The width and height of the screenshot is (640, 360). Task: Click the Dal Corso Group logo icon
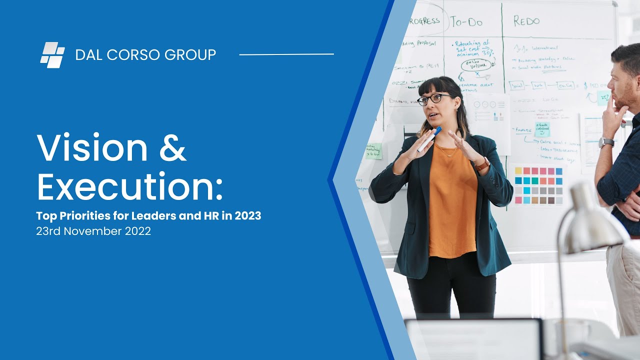pyautogui.click(x=52, y=54)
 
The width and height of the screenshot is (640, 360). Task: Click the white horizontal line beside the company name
pyautogui.click(x=286, y=54)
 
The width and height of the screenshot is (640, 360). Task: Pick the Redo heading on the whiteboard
pyautogui.click(x=526, y=21)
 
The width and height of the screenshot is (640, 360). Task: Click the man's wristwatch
pyautogui.click(x=606, y=142)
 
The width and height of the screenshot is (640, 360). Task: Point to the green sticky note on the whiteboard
pyautogui.click(x=373, y=151)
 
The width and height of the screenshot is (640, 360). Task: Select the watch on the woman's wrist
pyautogui.click(x=482, y=163)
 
